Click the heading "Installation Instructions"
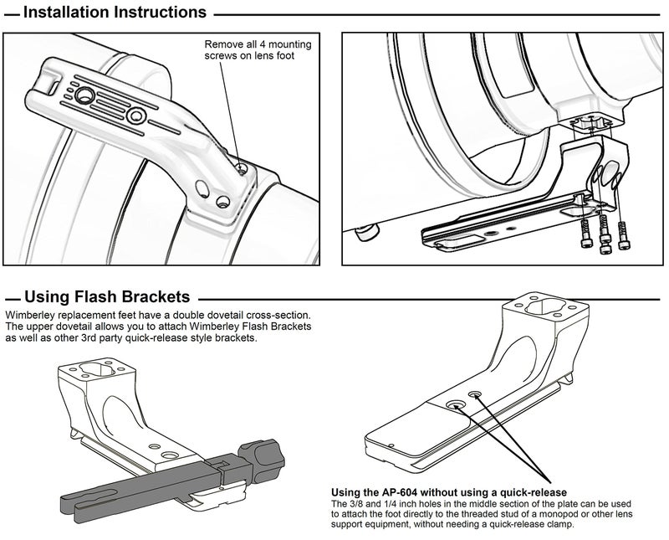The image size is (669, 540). pos(115,12)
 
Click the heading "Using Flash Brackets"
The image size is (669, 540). pos(107,296)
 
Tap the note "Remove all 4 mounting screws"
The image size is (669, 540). pos(258,50)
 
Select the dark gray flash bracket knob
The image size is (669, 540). pos(261,460)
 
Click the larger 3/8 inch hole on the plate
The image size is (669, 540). pos(455,404)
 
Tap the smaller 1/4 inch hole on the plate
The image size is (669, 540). pos(473,393)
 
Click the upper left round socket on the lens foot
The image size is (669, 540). pos(84,95)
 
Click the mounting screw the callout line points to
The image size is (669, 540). pos(242,170)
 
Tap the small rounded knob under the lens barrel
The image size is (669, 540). pos(366,233)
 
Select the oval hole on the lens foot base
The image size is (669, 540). pos(202,188)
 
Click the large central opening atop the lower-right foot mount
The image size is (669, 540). pos(544,306)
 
